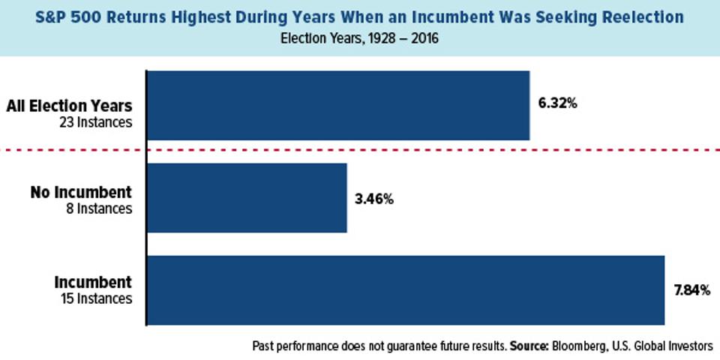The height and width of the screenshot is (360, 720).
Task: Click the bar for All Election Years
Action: tap(337, 106)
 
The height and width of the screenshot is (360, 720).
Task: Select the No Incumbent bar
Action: tap(247, 198)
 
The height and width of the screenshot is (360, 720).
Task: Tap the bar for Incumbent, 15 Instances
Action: tap(405, 290)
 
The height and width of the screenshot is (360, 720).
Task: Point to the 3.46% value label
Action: tap(373, 199)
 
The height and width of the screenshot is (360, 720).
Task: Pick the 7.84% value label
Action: tap(691, 291)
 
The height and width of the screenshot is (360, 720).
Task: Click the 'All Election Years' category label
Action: tap(70, 106)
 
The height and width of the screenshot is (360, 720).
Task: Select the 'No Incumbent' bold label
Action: tap(81, 192)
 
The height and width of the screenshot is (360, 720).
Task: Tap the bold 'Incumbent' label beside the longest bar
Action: tap(93, 283)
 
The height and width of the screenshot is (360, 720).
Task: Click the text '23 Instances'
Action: tap(96, 121)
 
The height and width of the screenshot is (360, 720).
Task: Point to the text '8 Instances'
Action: tap(100, 208)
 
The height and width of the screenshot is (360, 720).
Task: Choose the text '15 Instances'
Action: tap(96, 298)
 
